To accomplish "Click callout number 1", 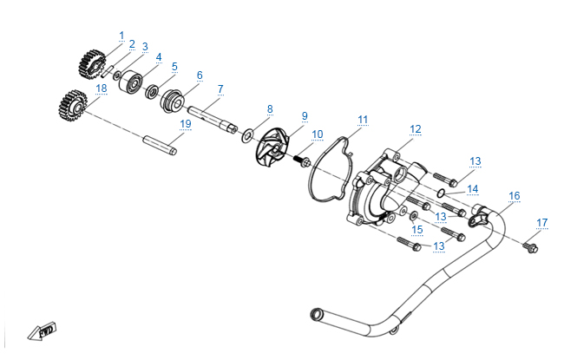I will [121, 35].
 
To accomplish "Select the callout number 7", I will [221, 88].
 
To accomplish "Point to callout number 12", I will [416, 129].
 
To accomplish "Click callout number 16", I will [515, 196].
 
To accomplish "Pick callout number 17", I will [542, 223].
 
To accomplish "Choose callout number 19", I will [185, 124].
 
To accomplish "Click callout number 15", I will [417, 229].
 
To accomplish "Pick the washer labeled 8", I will [248, 134].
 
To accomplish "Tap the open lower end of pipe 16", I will [317, 311].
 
